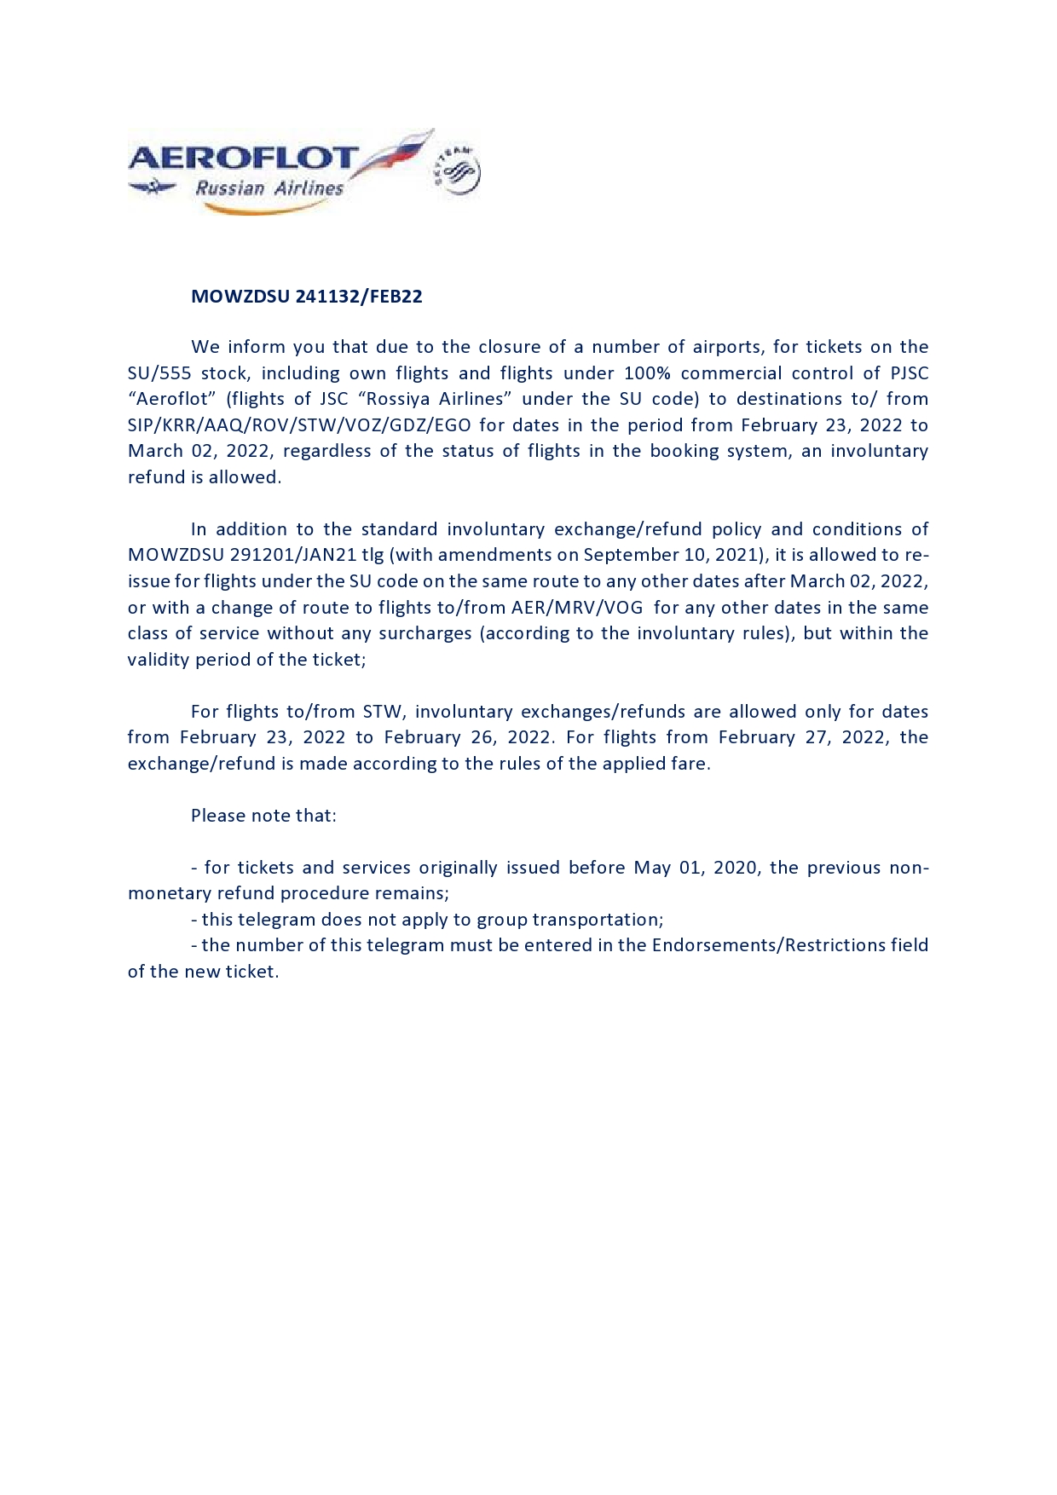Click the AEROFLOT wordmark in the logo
[243, 158]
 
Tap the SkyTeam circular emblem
[458, 170]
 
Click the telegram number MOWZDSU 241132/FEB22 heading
[306, 297]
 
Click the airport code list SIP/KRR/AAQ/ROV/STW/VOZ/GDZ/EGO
[299, 425]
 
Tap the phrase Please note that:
[263, 816]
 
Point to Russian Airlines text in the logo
[269, 188]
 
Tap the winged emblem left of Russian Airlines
[153, 187]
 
